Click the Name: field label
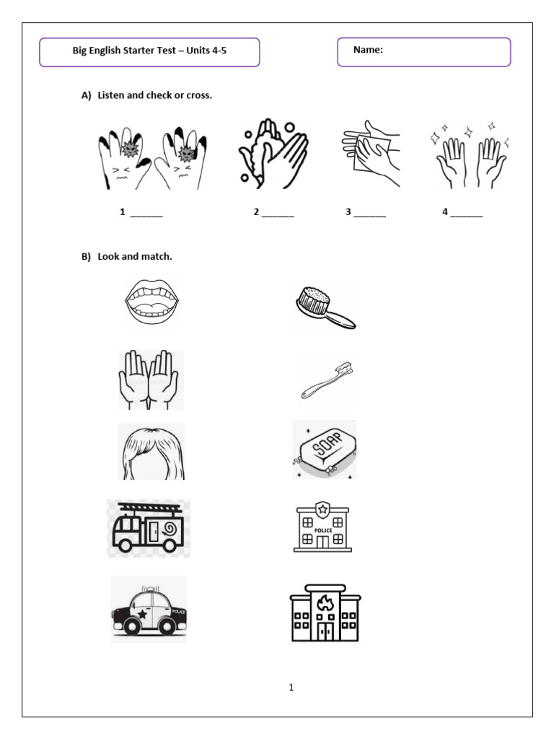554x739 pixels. click(368, 50)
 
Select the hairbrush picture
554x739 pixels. click(325, 307)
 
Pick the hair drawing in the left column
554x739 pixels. click(151, 452)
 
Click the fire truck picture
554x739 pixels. click(149, 528)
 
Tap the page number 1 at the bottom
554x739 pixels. click(291, 688)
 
